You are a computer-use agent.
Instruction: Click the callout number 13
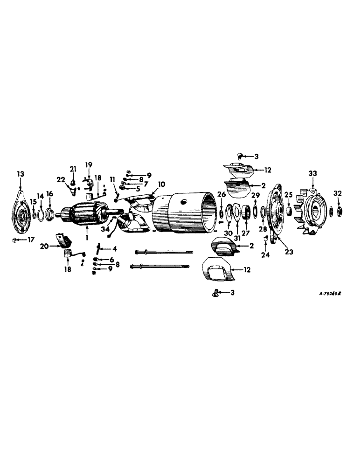(20, 174)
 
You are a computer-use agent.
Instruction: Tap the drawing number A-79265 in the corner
(332, 294)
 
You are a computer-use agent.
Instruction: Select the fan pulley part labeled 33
(312, 210)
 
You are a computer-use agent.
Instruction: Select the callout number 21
(73, 168)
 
